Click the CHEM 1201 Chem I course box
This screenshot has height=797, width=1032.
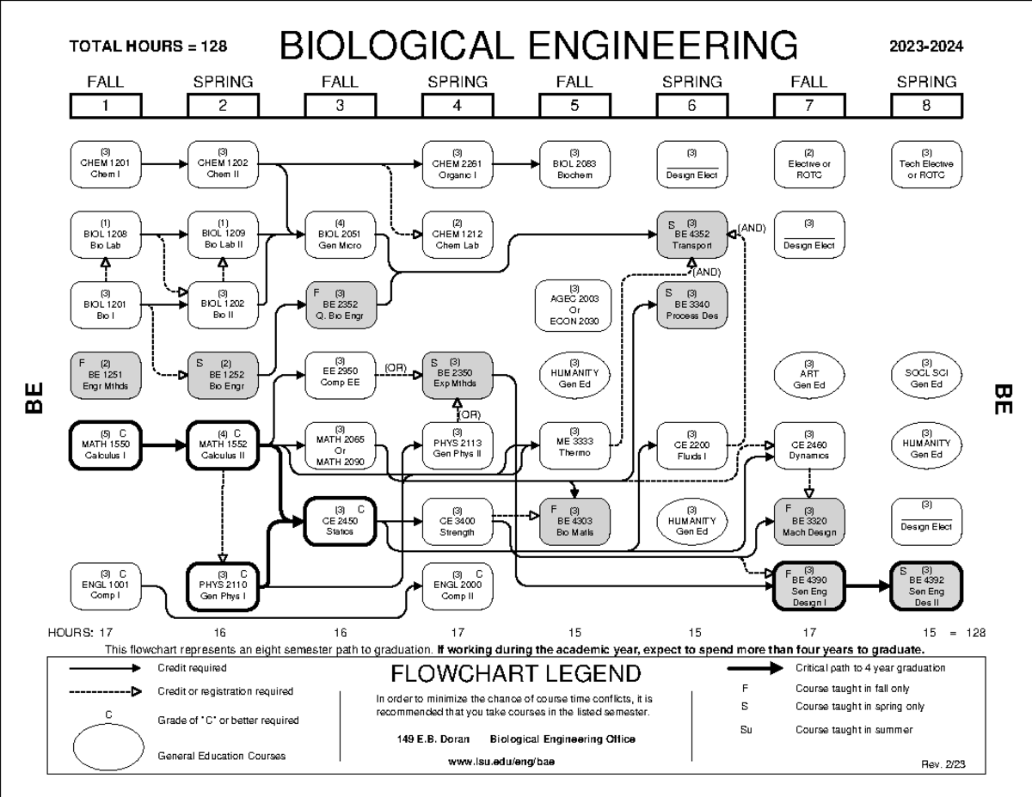tap(105, 163)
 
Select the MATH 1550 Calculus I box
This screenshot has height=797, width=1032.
tap(105, 444)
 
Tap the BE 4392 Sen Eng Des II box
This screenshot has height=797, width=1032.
tap(926, 586)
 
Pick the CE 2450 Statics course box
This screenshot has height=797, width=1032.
tap(340, 520)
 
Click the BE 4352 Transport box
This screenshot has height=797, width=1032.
tap(692, 234)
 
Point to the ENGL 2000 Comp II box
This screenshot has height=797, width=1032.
tap(457, 586)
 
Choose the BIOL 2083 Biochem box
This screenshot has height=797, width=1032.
tap(574, 163)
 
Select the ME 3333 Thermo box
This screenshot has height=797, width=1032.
tap(574, 444)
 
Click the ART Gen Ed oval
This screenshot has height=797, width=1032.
tap(809, 375)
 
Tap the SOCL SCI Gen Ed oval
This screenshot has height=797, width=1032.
tap(926, 375)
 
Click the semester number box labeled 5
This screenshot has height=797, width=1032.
tap(574, 106)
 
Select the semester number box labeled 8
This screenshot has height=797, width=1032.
tap(926, 106)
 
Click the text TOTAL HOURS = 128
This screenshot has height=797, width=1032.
tap(148, 46)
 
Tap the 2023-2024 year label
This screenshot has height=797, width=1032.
tap(927, 46)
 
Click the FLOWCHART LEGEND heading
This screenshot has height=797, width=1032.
tap(515, 672)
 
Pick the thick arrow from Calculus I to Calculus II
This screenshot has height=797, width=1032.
tap(163, 445)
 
